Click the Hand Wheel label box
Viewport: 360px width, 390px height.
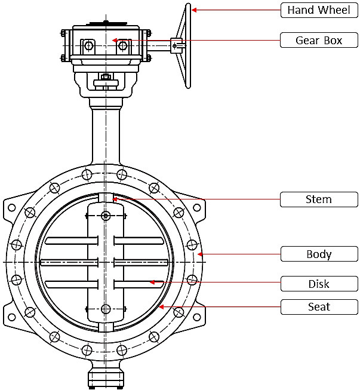[319, 10]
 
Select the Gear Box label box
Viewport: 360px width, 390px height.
[319, 40]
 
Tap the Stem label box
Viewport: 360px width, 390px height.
[319, 199]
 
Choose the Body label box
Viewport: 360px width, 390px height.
[319, 254]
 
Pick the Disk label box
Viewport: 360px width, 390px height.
[319, 284]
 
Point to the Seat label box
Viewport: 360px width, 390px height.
[319, 307]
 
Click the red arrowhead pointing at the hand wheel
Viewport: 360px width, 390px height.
[194, 10]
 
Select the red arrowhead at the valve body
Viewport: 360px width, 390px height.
[201, 254]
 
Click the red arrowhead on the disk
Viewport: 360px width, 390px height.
[152, 282]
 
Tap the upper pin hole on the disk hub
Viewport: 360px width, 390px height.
[106, 216]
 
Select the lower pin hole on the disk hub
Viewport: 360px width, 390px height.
[106, 309]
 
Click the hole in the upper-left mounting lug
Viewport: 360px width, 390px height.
[11, 208]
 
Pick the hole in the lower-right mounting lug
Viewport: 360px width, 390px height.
[199, 313]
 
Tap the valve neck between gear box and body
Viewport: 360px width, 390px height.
[106, 134]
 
